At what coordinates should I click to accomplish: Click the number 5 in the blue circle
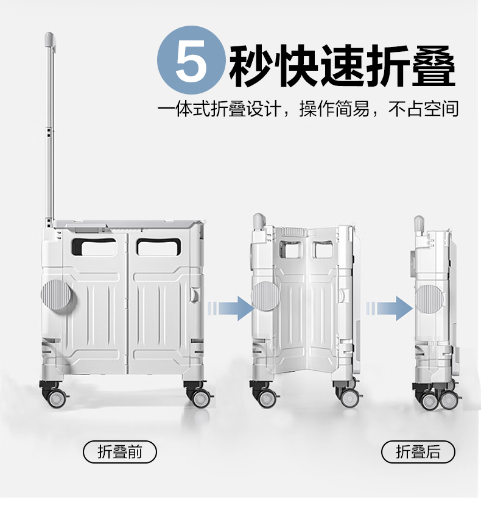coord(192,60)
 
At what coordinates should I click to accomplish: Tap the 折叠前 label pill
coord(119,452)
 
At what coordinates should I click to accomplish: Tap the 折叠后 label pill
coord(418,452)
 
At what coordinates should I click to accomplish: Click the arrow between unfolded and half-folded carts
coord(231,309)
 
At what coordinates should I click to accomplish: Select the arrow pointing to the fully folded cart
coord(390,309)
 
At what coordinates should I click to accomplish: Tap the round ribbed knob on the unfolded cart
coord(58,295)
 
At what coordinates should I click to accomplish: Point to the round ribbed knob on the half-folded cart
coord(265,296)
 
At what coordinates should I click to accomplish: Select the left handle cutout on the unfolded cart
coord(94,247)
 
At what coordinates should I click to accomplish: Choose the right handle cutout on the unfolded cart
coord(159,247)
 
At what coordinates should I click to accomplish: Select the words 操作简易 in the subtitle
coord(334,109)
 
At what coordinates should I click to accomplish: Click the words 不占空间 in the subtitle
coord(424,109)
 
